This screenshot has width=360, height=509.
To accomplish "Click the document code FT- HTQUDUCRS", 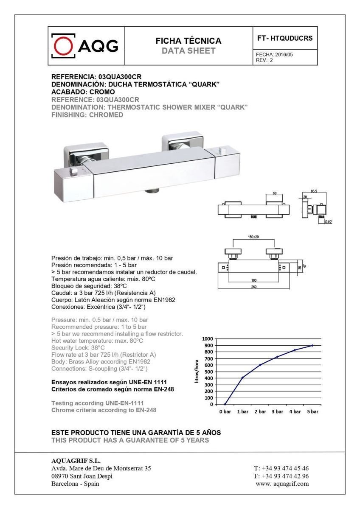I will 285,38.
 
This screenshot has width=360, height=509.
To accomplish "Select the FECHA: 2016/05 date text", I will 274,55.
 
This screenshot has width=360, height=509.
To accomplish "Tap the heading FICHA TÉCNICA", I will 188,41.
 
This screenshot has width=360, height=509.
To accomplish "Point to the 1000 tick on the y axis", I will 207,339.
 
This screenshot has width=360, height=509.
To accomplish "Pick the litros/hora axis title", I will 197,371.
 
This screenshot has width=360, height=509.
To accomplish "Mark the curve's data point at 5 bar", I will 312,345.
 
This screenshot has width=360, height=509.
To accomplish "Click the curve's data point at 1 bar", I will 242,378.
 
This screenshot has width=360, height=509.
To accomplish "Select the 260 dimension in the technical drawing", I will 253,287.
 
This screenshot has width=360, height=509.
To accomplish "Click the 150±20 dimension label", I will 253,237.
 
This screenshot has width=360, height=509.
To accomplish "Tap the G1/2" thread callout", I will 328,221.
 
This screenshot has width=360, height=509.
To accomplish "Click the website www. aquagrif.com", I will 282,484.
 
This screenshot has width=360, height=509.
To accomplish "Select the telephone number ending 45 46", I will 281,468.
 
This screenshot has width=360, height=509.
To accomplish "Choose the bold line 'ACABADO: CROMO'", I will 83,92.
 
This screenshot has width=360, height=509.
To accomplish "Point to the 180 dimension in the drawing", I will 253,280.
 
